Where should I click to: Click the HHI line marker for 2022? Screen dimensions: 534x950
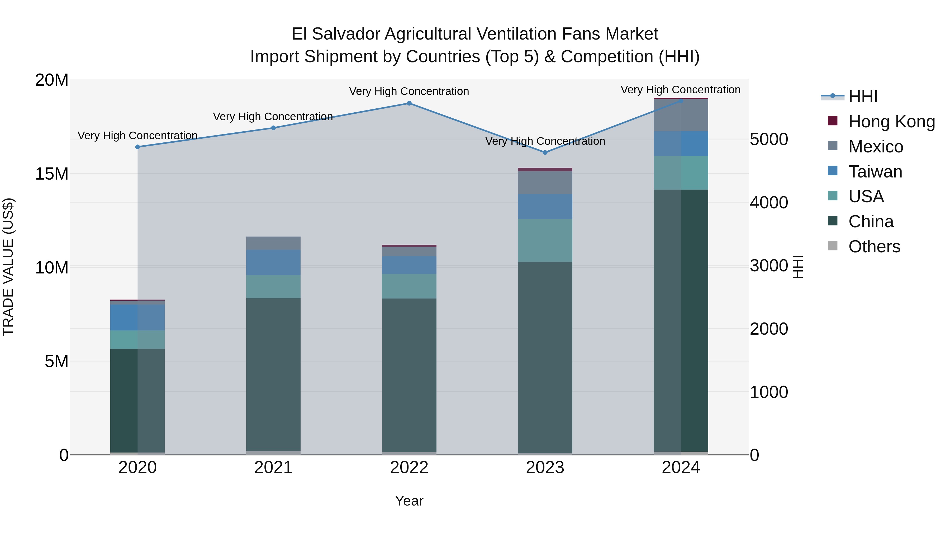(x=409, y=103)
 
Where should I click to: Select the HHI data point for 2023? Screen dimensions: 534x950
(x=545, y=152)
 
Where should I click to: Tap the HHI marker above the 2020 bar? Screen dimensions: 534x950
(x=137, y=147)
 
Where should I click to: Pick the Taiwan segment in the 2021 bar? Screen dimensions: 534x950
(x=273, y=262)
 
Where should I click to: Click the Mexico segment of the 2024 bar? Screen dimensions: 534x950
(x=681, y=115)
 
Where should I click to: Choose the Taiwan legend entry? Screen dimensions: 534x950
(x=875, y=172)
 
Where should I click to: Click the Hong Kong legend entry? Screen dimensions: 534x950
(x=891, y=122)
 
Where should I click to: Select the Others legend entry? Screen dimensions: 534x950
(x=874, y=247)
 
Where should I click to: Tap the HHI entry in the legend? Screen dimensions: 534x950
(x=863, y=97)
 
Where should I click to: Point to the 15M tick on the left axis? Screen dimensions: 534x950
(x=52, y=174)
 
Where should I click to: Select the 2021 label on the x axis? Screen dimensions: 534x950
(x=273, y=468)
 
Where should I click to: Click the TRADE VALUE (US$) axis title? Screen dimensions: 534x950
(x=8, y=267)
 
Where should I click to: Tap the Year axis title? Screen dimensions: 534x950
(x=409, y=501)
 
